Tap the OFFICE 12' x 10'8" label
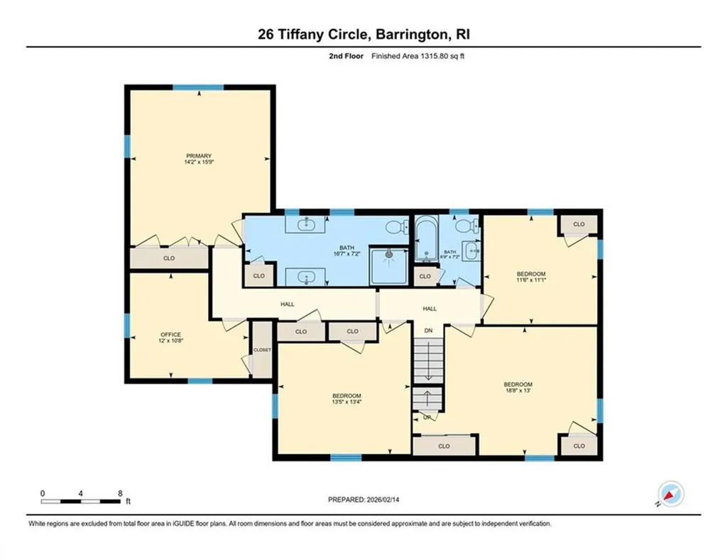point(170,338)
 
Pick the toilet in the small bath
point(466,226)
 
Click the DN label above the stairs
point(428,331)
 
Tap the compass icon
point(669,493)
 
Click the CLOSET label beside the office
point(262,350)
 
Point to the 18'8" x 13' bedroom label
point(518,388)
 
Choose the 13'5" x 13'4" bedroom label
point(346,399)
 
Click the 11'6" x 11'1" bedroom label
point(530,278)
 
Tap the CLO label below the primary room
point(169,258)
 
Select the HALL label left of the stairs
point(288,304)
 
